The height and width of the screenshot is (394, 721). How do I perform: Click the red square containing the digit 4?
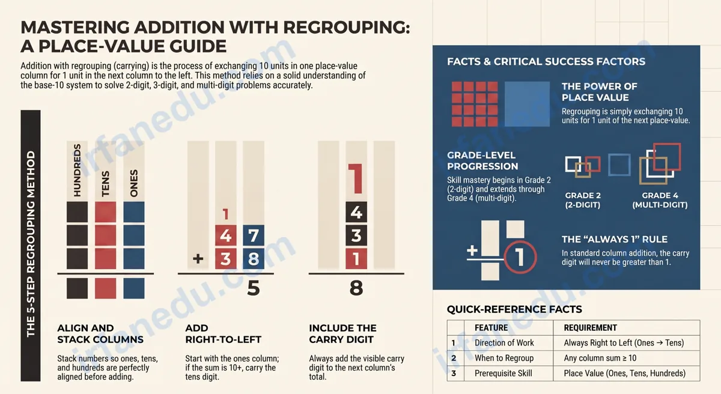[x=226, y=236]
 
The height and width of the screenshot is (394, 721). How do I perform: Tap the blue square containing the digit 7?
[x=254, y=236]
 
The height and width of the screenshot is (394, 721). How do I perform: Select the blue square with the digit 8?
[x=254, y=259]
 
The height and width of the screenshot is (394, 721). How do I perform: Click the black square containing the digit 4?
[x=356, y=212]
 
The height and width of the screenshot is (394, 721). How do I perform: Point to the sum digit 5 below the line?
[x=254, y=288]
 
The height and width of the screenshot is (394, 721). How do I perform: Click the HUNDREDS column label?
[x=78, y=170]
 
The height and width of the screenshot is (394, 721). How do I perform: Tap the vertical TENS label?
[x=106, y=184]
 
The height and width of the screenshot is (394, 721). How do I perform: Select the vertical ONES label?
[x=134, y=183]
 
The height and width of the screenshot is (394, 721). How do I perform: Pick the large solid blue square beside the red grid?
[x=527, y=104]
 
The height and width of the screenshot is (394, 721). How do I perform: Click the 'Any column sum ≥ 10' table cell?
[x=600, y=358]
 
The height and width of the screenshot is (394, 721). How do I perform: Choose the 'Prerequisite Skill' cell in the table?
[x=503, y=374]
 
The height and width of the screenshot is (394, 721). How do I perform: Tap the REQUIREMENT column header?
[x=590, y=328]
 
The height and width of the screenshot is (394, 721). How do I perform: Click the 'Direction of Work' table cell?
[x=504, y=343]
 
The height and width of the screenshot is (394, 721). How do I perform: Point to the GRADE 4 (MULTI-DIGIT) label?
[x=660, y=200]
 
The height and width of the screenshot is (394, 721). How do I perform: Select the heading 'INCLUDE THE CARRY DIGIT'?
[x=342, y=334]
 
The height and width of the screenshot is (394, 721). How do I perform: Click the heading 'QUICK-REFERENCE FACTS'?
[x=514, y=309]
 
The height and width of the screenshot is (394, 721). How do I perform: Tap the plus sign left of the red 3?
[x=198, y=259]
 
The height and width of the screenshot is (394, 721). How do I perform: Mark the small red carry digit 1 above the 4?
[x=226, y=214]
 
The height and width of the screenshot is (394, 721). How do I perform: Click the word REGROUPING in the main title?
[x=347, y=27]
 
